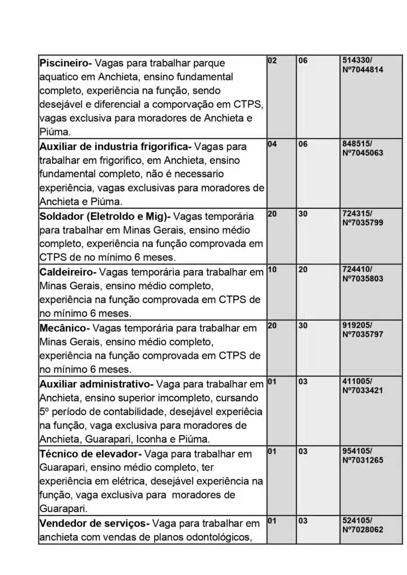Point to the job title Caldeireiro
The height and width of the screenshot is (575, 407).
(x=67, y=272)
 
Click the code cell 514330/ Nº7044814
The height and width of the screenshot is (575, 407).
(x=362, y=65)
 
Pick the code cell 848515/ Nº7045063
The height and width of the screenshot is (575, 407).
(x=362, y=148)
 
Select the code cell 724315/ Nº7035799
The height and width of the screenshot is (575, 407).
(x=362, y=218)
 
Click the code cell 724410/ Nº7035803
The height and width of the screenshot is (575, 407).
(x=362, y=273)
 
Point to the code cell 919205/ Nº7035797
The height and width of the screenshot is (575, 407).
(x=362, y=329)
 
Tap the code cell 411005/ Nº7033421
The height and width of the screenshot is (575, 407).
(x=362, y=386)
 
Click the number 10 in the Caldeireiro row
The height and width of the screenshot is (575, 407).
(x=272, y=270)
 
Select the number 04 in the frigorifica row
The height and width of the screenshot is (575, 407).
(x=272, y=144)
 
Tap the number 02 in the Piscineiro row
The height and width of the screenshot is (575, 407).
(x=272, y=60)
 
